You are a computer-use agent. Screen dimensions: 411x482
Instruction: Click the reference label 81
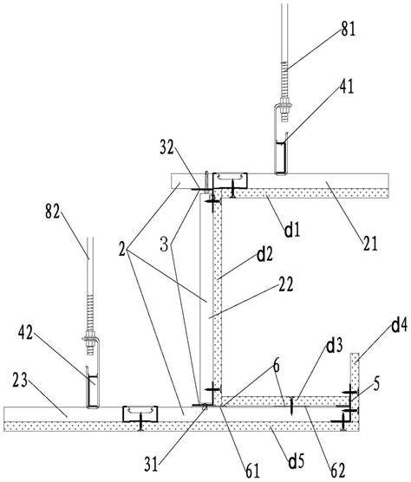pos(348,29)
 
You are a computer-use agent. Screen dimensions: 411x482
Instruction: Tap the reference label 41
pos(347,86)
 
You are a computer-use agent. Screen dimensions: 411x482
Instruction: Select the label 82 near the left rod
pos(53,212)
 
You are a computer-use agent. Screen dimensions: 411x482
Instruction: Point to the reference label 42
pos(25,333)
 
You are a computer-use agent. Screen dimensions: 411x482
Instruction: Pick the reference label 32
pos(167,148)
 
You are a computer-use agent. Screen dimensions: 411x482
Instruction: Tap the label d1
pos(291,230)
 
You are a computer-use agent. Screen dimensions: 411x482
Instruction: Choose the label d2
pos(264,254)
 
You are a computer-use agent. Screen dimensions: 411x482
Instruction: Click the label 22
pos(286,284)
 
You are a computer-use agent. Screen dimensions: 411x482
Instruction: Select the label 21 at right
pos(370,244)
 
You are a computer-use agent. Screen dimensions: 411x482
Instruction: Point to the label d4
pos(400,326)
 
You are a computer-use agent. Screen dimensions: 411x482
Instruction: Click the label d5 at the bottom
pos(296,460)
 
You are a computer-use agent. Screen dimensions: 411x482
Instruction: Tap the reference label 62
pos(338,471)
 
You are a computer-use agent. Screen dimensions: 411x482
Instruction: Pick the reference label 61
pos(252,471)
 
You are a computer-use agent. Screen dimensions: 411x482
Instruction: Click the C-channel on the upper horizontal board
pos(231,180)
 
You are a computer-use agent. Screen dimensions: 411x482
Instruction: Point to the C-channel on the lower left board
pos(140,414)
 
